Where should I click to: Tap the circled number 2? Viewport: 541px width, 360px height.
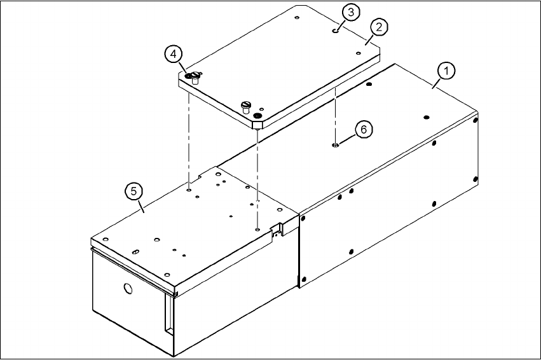click(x=379, y=27)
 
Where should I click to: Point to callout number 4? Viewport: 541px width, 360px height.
click(x=172, y=55)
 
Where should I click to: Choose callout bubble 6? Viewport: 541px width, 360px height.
click(x=363, y=129)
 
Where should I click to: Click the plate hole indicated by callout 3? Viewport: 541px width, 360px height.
click(x=335, y=29)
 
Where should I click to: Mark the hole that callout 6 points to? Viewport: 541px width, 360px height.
click(x=334, y=146)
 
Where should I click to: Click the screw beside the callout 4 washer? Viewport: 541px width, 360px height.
click(x=196, y=78)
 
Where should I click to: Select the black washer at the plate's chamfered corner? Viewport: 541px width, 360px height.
click(x=257, y=115)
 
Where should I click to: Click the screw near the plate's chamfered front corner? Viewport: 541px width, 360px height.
click(x=246, y=105)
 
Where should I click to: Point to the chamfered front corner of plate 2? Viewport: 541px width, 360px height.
click(x=257, y=124)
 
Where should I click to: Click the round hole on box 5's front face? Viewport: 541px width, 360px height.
click(x=128, y=289)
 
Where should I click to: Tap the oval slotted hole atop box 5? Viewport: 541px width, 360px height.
click(x=136, y=253)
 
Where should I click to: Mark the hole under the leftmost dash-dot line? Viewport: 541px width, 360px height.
click(x=189, y=188)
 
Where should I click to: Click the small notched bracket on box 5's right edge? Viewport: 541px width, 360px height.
click(x=277, y=228)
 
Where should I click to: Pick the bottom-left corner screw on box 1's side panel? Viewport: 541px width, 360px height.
click(x=303, y=278)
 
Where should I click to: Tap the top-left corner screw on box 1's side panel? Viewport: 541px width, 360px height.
click(x=303, y=217)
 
